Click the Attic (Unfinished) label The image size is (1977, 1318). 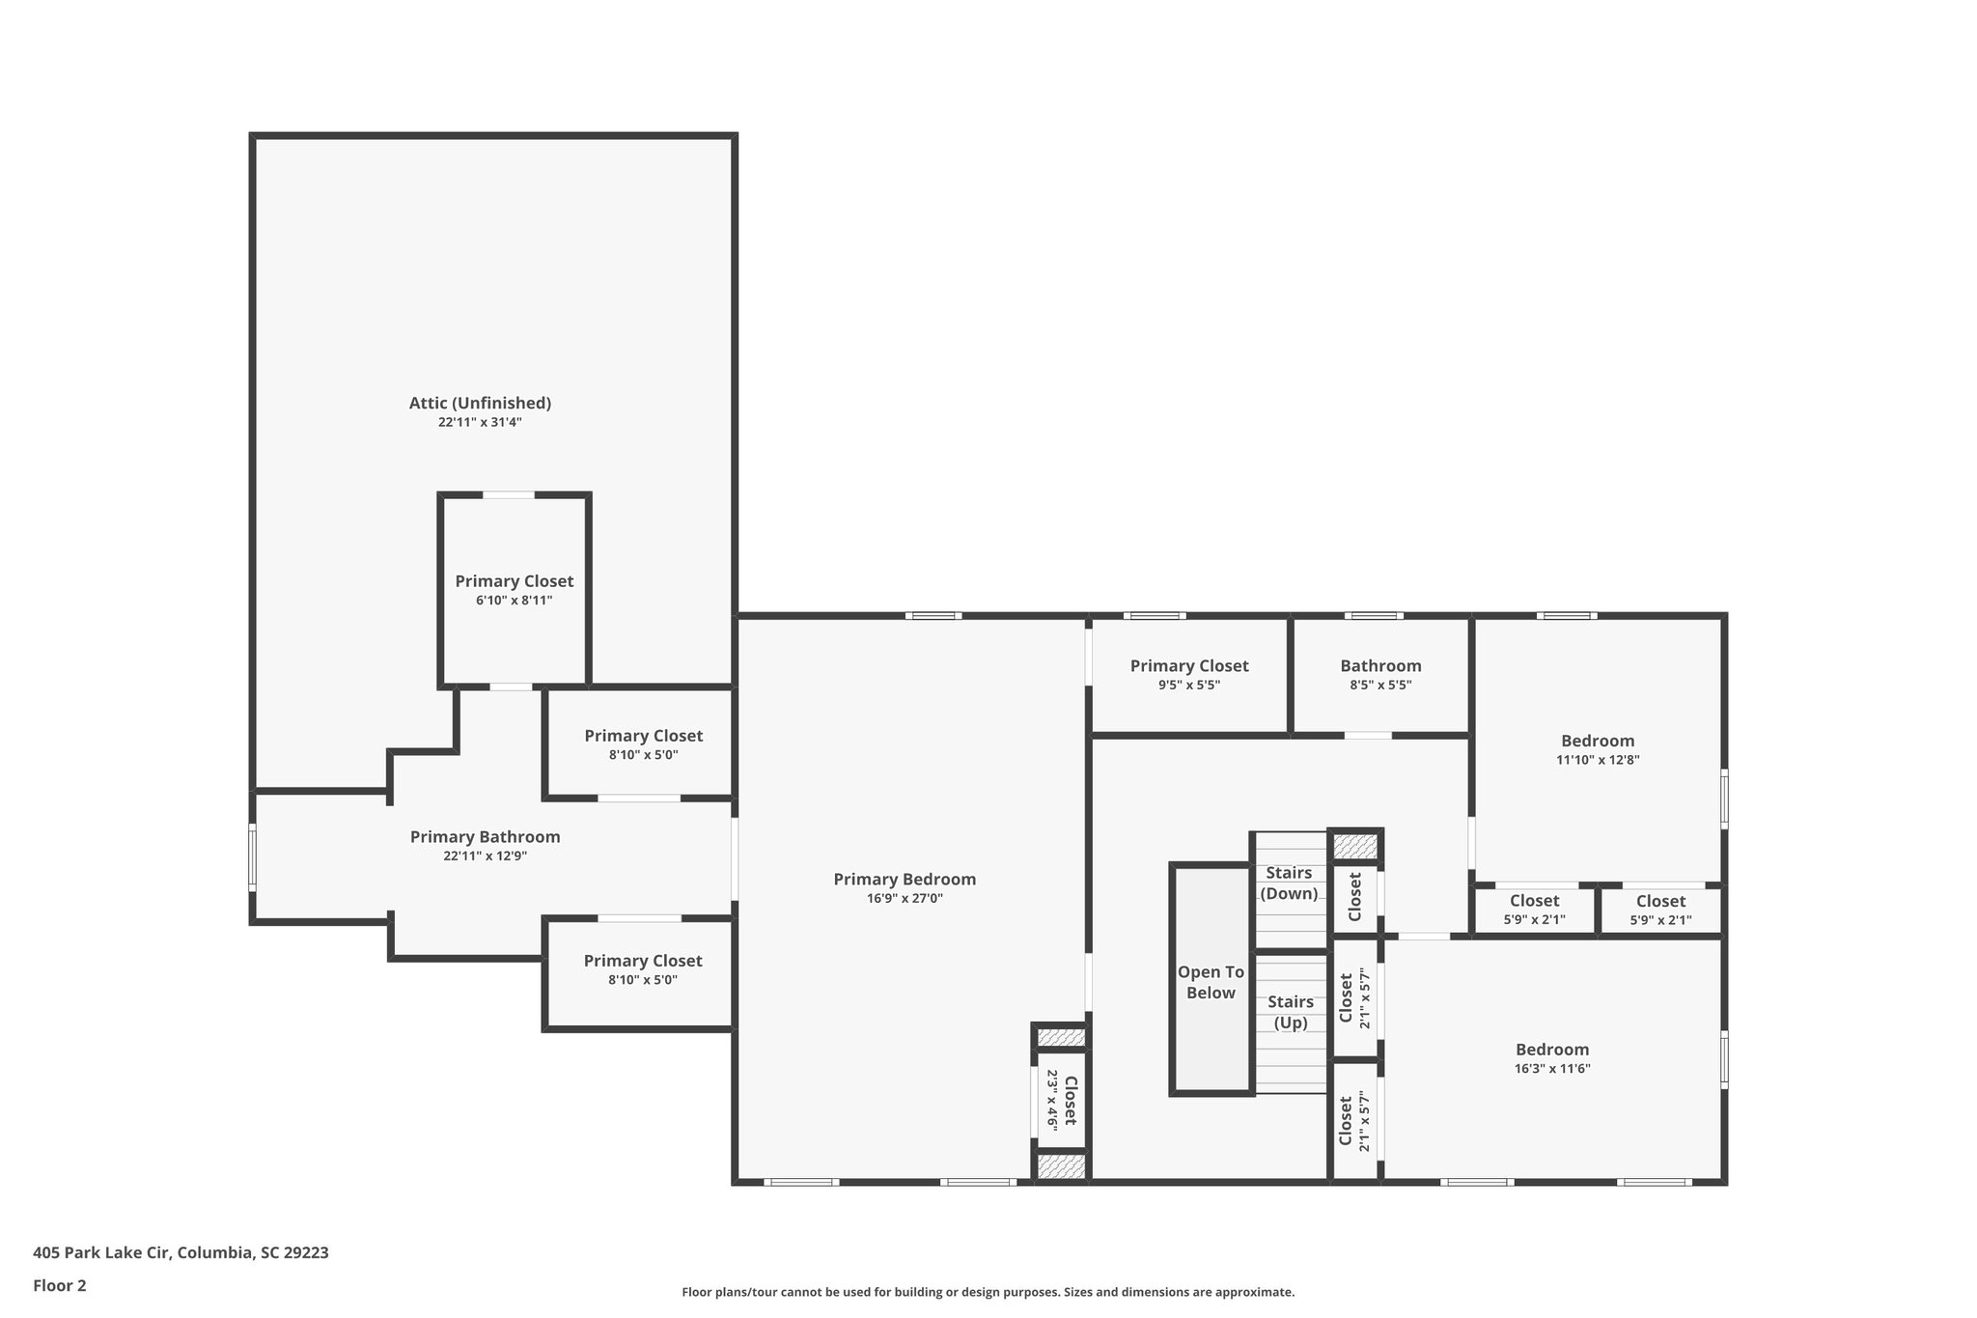(480, 403)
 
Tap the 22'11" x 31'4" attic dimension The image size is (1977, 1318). (480, 422)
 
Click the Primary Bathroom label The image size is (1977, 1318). (485, 837)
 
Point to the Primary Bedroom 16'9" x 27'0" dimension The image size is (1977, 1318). (905, 898)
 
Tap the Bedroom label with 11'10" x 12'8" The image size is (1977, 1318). (1598, 741)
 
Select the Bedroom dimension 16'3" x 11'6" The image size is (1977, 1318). (1551, 1069)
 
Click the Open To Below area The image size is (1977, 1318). (1211, 982)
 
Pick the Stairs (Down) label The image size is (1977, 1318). (1289, 883)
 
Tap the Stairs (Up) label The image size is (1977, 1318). (1291, 1012)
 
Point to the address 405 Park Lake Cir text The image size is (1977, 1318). (181, 1253)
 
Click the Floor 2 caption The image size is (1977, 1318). (60, 1285)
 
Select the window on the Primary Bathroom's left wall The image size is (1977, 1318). (253, 855)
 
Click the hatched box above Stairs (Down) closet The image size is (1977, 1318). (1355, 846)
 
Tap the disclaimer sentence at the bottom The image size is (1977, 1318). (988, 1292)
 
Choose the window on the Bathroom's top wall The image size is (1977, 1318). (1374, 615)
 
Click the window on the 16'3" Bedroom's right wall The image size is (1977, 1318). (1724, 1059)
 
